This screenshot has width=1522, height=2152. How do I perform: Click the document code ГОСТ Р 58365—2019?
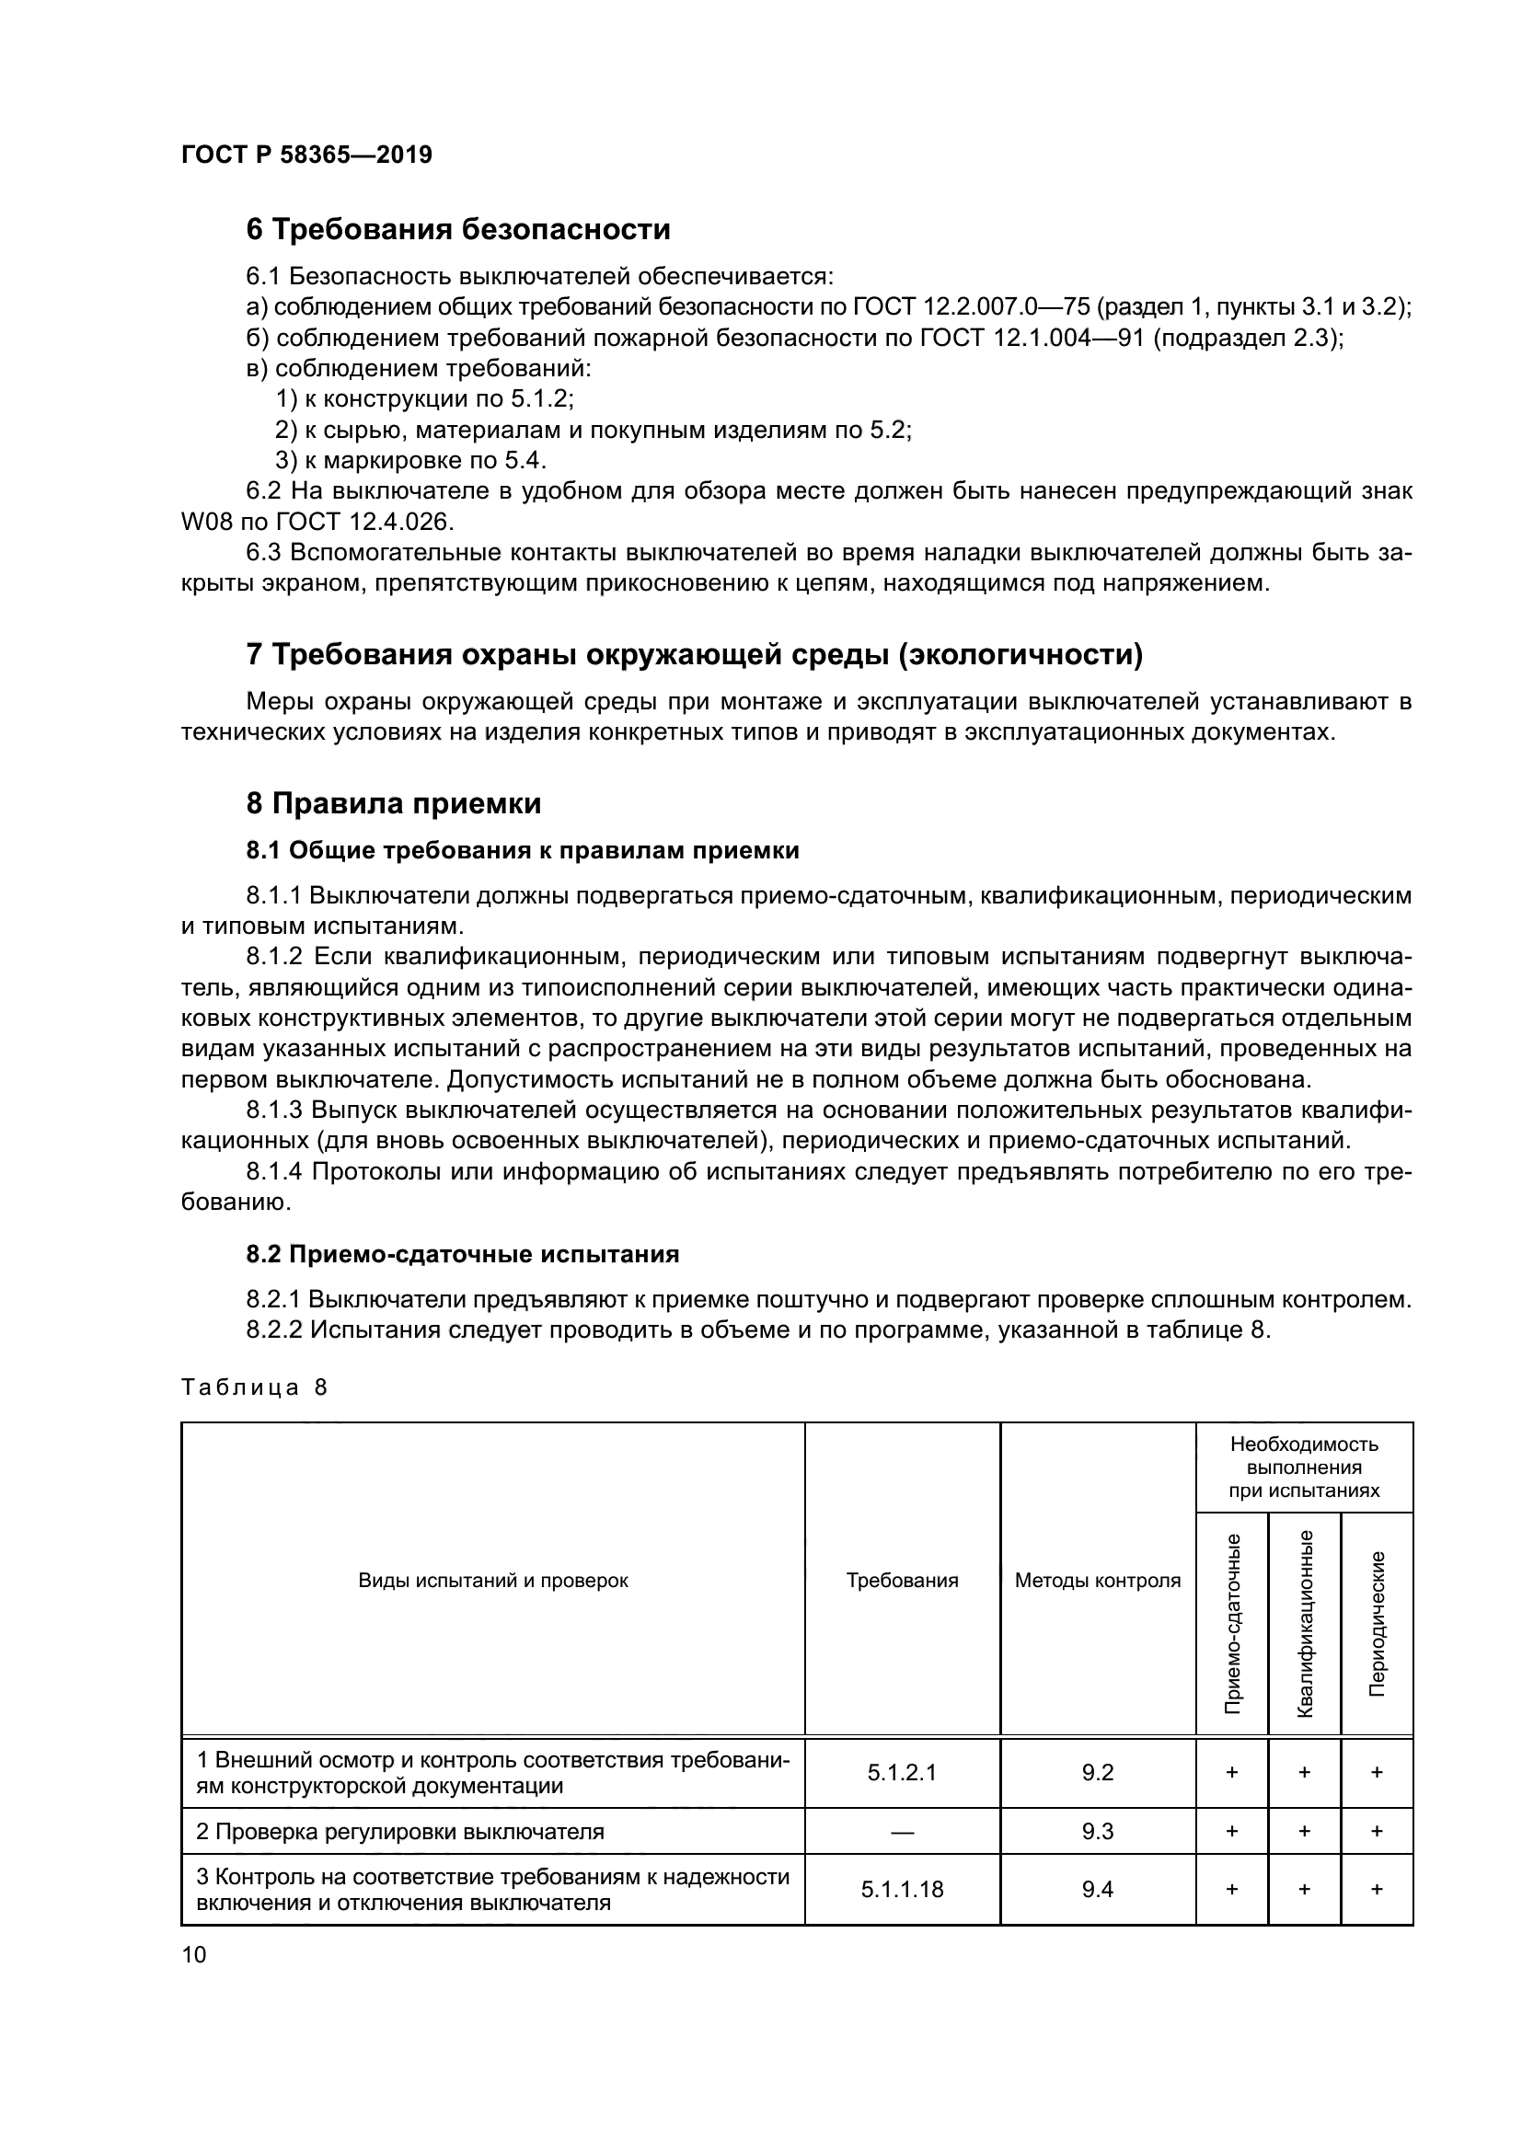pyautogui.click(x=306, y=155)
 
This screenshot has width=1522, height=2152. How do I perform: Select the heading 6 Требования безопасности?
pyautogui.click(x=458, y=229)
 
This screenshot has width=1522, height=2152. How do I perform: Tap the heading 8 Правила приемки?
pyautogui.click(x=394, y=803)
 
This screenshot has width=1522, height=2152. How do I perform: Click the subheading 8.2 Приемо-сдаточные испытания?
pyautogui.click(x=463, y=1254)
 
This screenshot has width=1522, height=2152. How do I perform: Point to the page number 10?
pyautogui.click(x=194, y=1954)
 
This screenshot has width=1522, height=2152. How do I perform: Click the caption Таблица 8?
pyautogui.click(x=254, y=1387)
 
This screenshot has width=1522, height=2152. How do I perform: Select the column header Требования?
pyautogui.click(x=902, y=1581)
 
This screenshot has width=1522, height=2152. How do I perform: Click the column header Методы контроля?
pyautogui.click(x=1098, y=1581)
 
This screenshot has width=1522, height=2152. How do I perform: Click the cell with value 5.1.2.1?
pyautogui.click(x=902, y=1772)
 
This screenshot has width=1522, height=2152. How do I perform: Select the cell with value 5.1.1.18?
pyautogui.click(x=902, y=1890)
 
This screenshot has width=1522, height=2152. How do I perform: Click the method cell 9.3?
pyautogui.click(x=1098, y=1831)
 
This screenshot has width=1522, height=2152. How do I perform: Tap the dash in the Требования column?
pyautogui.click(x=902, y=1831)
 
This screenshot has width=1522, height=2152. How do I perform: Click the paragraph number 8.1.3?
pyautogui.click(x=274, y=1111)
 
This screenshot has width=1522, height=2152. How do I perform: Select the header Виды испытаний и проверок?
pyautogui.click(x=493, y=1581)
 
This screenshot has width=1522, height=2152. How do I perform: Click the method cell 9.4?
pyautogui.click(x=1098, y=1890)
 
